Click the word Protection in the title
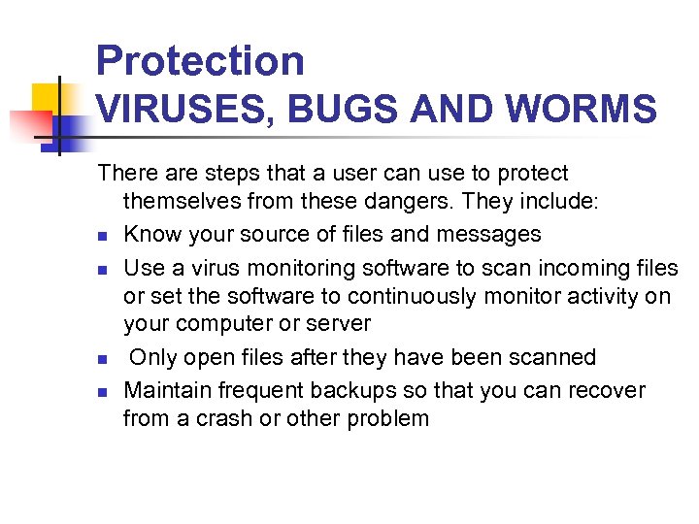[x=200, y=61]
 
